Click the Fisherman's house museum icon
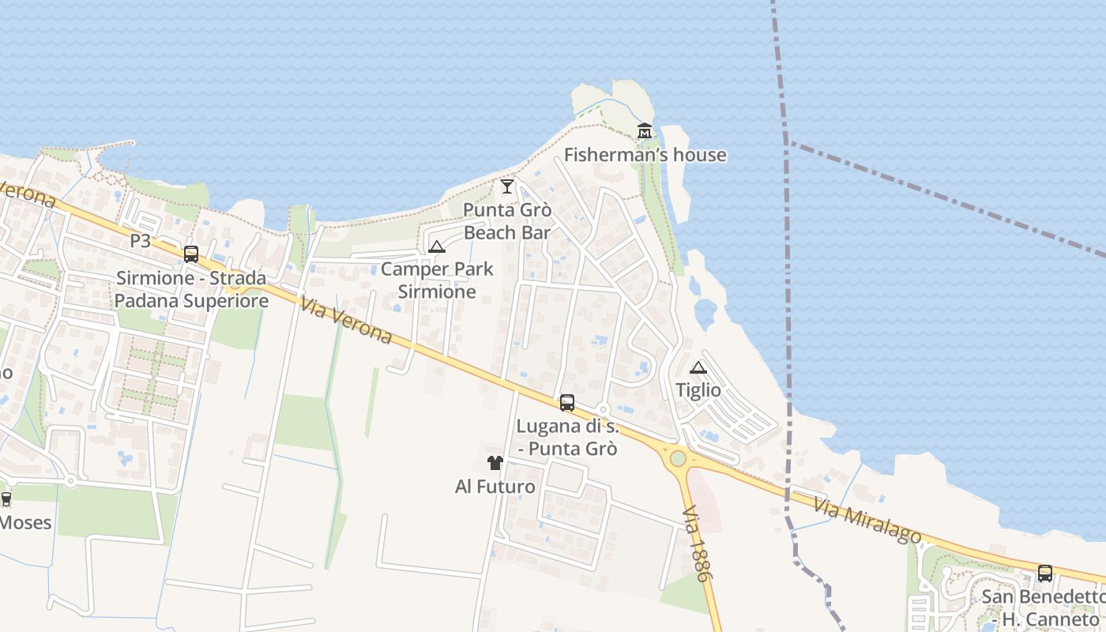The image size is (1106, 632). pos(645,130)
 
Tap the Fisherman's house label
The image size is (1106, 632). pos(645,155)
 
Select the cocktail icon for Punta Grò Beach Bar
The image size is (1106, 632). pos(507,186)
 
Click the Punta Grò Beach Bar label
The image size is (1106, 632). pos(507,221)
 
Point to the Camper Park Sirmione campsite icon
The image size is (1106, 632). pos(437,246)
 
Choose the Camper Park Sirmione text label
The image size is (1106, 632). pos(437,280)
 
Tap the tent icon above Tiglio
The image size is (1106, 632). pos(698,367)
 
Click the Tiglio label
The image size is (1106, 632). pos(698,390)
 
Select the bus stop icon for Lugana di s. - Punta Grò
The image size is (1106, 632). pos(567,403)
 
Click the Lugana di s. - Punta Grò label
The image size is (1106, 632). pos(567,438)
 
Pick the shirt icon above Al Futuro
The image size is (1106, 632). pos(495,463)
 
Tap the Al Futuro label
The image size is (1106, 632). pos(495,487)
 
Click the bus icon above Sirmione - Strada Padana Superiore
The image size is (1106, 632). pos(191,254)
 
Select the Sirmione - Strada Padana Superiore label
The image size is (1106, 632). pos(191,289)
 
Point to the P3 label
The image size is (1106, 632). pos(140,241)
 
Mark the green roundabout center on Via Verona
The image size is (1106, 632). pos(678,458)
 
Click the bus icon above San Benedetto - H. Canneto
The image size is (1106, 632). pos(1044,574)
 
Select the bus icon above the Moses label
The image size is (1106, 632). pos(6,499)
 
